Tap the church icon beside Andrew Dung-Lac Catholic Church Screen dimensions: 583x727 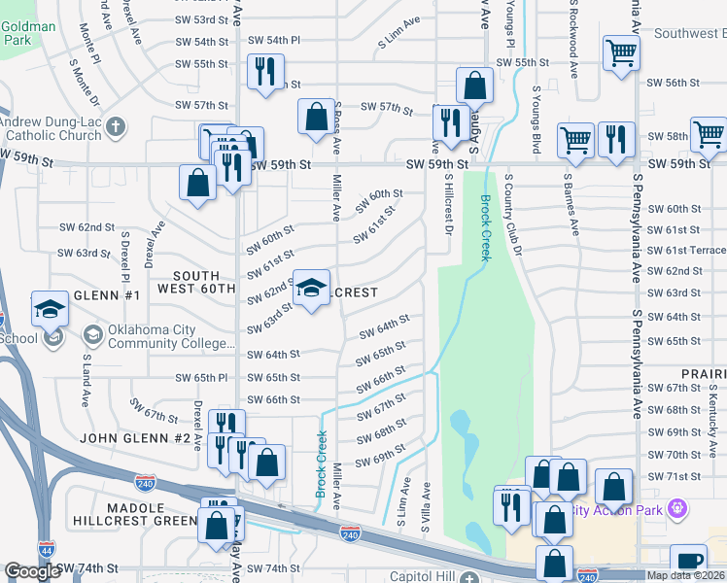115,127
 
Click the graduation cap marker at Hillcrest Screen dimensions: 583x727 311,289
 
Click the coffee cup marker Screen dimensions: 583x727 689,561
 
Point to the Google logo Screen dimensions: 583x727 32,571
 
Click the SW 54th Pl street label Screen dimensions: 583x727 274,40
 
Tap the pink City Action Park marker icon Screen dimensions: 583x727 678,508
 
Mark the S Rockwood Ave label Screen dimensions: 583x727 573,39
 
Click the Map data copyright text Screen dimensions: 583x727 685,575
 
